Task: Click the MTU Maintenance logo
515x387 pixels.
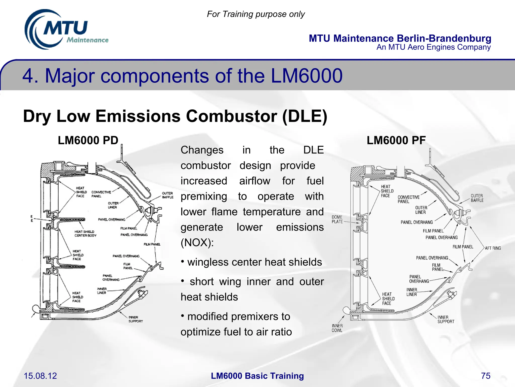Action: [66, 30]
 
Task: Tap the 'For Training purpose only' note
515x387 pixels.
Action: [255, 14]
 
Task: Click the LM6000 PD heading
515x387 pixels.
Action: [88, 140]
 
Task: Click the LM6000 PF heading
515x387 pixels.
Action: [396, 140]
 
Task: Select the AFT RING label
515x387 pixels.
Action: [493, 248]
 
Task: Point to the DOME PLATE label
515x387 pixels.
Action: [337, 219]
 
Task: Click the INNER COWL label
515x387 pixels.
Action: [337, 328]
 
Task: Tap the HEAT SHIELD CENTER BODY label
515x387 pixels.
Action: [85, 234]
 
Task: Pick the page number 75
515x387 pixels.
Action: [486, 376]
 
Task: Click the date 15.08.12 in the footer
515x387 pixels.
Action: [40, 376]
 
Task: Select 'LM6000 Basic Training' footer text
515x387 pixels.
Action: [257, 376]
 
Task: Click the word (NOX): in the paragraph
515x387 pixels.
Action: [197, 243]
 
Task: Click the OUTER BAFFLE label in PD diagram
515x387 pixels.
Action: [167, 195]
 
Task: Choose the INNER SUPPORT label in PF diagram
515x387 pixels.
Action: [446, 319]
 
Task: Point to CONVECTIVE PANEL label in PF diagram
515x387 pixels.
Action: [408, 199]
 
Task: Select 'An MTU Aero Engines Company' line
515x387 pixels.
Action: [433, 47]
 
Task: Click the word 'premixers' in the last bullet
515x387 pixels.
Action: [252, 317]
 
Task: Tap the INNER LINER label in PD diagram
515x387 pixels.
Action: [102, 291]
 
